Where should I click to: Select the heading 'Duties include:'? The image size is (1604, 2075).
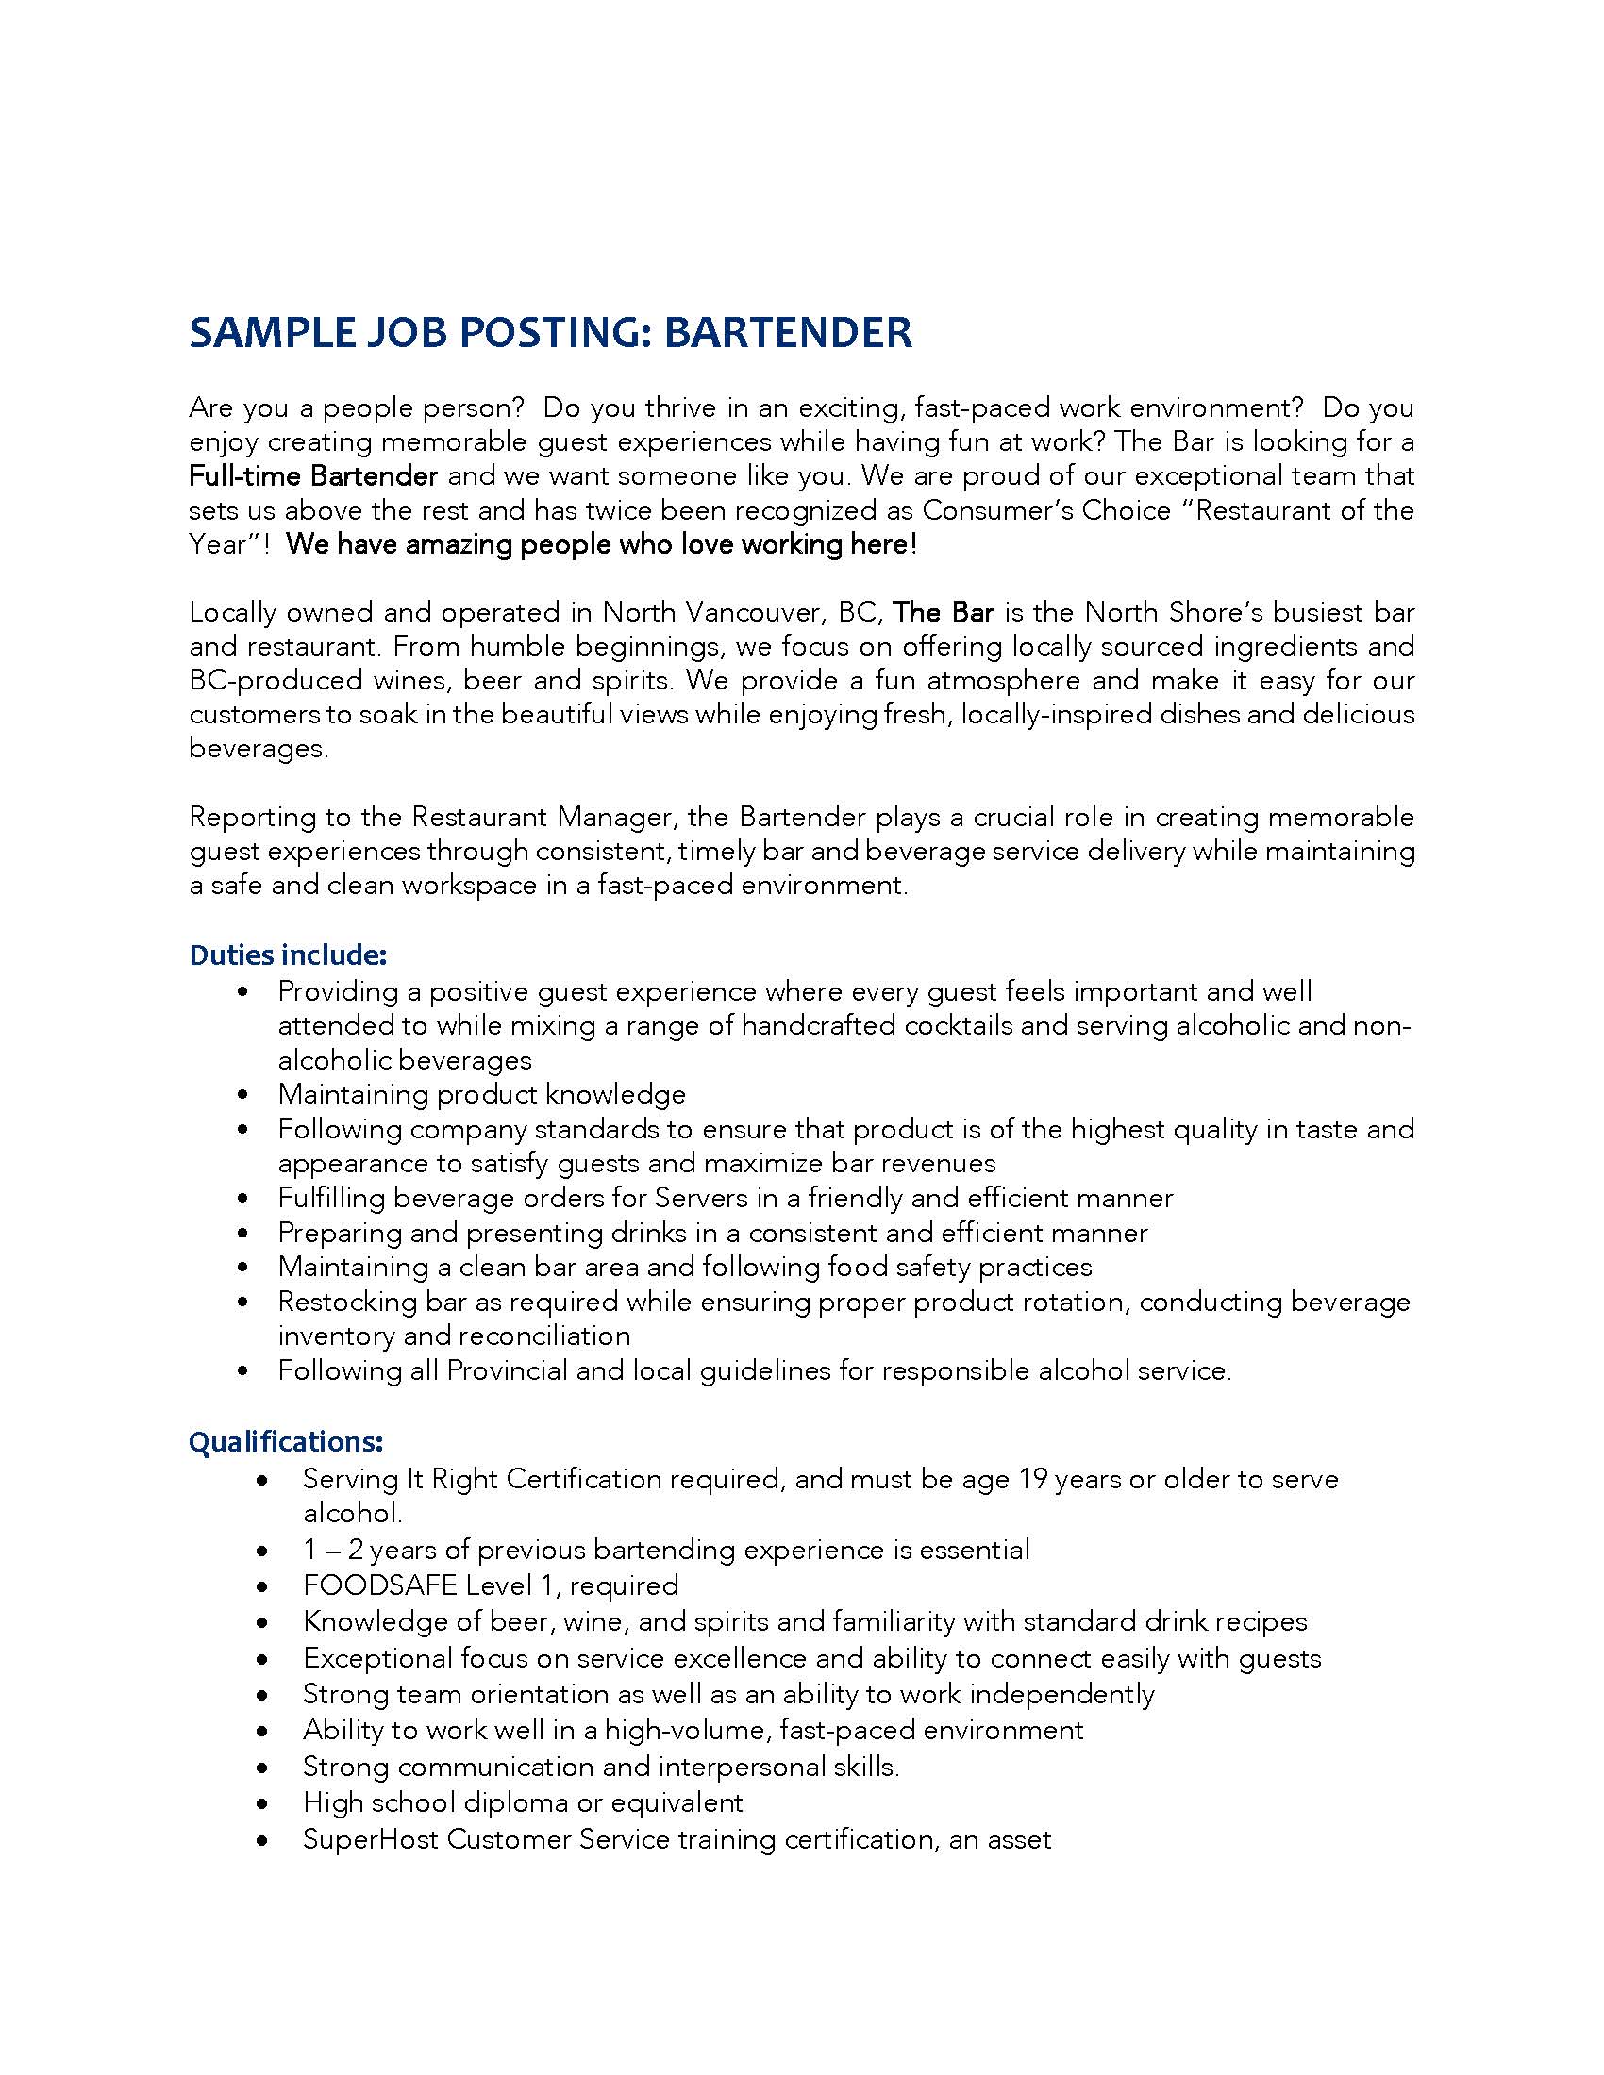(287, 954)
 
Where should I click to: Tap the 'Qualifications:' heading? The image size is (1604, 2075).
(285, 1441)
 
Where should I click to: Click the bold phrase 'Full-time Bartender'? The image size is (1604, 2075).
(312, 476)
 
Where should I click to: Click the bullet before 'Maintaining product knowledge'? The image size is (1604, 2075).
(245, 1094)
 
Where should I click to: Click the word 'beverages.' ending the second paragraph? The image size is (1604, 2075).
(259, 749)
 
